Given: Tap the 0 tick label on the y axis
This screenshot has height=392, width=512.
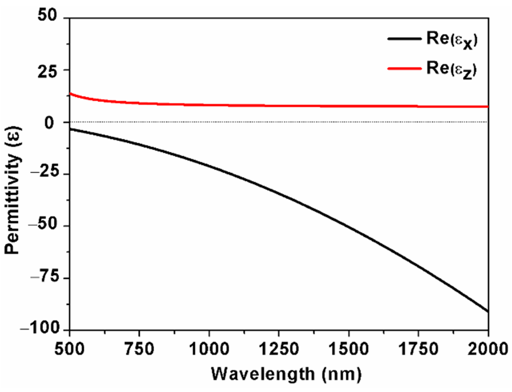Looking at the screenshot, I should click(x=49, y=123).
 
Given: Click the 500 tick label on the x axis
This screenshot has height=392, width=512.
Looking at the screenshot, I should click(x=69, y=349).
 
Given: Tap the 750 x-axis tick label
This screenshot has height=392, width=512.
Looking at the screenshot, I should click(x=139, y=349).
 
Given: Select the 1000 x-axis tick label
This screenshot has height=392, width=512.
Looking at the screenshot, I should click(x=209, y=349).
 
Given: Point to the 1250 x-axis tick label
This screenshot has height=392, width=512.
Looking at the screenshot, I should click(x=279, y=349).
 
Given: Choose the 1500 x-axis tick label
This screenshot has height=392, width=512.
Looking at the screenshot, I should click(x=349, y=349).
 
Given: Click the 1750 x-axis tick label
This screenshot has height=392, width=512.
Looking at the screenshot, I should click(x=418, y=349).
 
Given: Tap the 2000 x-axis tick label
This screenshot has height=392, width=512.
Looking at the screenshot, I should click(x=488, y=349).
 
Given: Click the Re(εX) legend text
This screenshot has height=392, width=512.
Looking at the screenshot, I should click(x=452, y=40).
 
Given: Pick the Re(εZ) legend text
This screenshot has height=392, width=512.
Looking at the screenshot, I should click(x=452, y=70).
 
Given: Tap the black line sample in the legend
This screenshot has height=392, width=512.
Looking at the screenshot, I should click(x=404, y=39).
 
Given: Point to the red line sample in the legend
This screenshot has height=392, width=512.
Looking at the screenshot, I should click(x=404, y=68).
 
